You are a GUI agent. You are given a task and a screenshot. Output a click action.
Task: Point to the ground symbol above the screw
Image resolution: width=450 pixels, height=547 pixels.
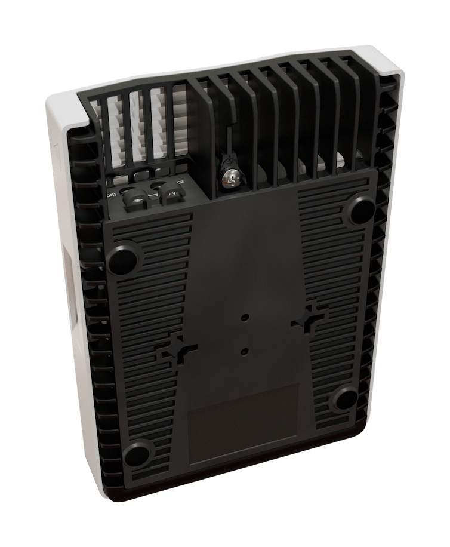point(227,161)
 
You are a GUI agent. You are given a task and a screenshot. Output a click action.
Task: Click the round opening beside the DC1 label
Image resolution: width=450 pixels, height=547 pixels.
point(128,191)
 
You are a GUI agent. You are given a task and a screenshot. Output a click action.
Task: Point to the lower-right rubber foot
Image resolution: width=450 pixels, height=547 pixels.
point(345,400)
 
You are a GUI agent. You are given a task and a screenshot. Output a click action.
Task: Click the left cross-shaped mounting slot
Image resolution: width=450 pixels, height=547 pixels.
point(177,349)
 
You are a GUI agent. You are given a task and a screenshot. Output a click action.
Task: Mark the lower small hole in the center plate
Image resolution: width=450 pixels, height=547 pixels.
point(244,351)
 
